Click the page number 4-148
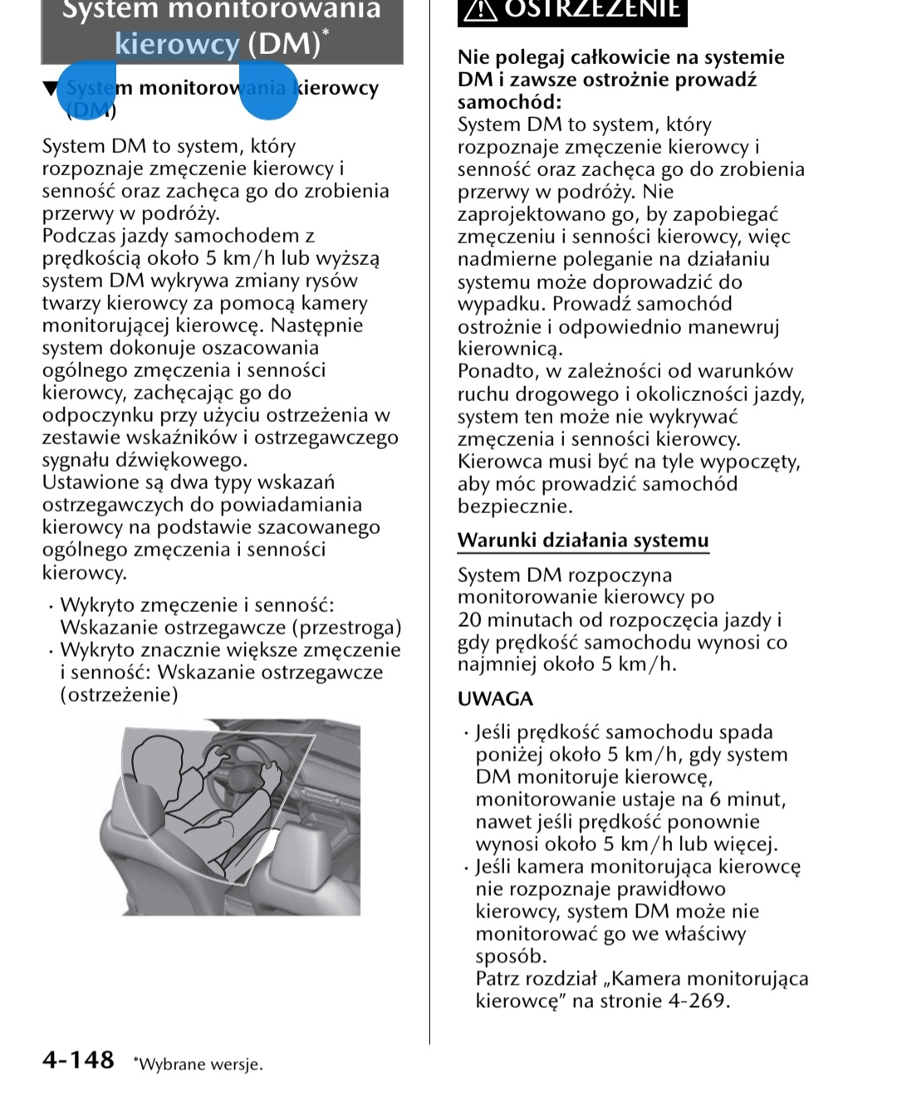(x=78, y=1060)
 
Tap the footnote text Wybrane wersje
(x=200, y=1064)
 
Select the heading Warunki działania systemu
(x=582, y=541)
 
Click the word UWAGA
(x=495, y=699)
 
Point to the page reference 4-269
(x=698, y=1001)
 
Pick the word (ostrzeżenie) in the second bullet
(x=119, y=695)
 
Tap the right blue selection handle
(x=267, y=89)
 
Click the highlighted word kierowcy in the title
(x=177, y=44)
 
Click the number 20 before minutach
(x=469, y=620)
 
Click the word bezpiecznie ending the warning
(x=514, y=506)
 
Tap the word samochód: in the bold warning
(x=509, y=102)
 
